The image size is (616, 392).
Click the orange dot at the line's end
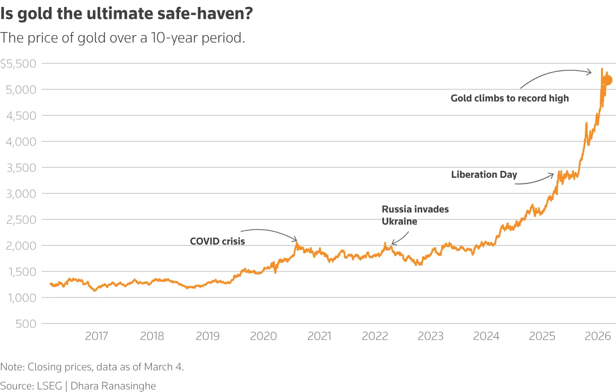pyautogui.click(x=607, y=80)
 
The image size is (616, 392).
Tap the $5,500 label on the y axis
pyautogui.click(x=18, y=64)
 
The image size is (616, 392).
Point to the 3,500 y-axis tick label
pyautogui.click(x=21, y=168)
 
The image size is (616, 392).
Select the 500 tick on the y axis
pyautogui.click(x=26, y=324)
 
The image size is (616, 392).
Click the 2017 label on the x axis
pyautogui.click(x=96, y=336)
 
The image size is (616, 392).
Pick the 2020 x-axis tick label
pyautogui.click(x=263, y=336)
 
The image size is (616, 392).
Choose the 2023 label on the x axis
pyautogui.click(x=430, y=336)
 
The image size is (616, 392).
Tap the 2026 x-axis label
pyautogui.click(x=597, y=336)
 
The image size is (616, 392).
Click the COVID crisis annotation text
pyautogui.click(x=217, y=242)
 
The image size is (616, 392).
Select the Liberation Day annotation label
pyautogui.click(x=484, y=175)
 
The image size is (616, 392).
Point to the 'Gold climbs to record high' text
pyautogui.click(x=509, y=98)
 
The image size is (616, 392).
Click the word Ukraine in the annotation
pyautogui.click(x=399, y=222)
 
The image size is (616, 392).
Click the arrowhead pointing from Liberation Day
pyautogui.click(x=552, y=175)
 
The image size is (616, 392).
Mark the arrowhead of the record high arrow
pyautogui.click(x=590, y=72)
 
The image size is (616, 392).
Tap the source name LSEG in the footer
pyautogui.click(x=49, y=386)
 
